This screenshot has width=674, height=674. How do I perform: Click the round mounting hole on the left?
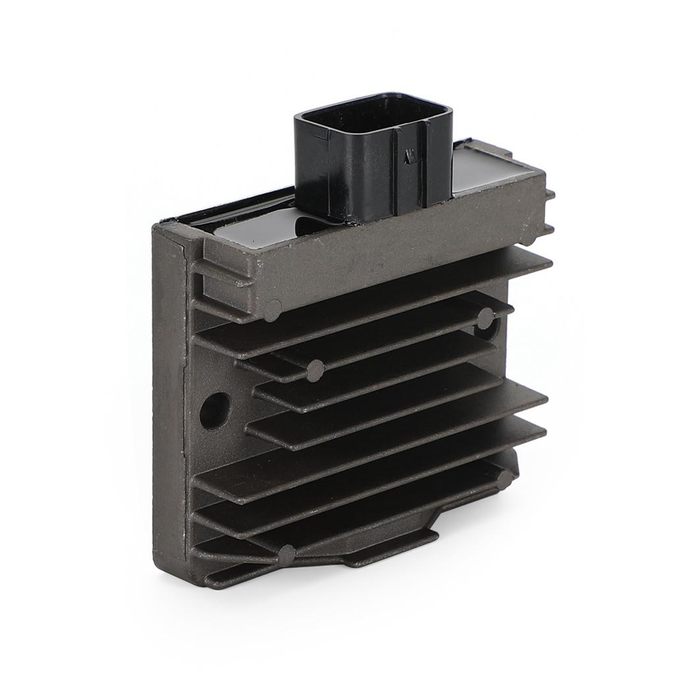pos(215,410)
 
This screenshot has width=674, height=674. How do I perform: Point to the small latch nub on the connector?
pos(410,157)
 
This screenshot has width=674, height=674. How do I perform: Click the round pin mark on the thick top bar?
pos(273,309)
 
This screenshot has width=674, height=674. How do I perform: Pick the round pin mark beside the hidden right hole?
pos(485,318)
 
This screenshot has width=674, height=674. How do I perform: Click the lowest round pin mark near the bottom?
pos(286,555)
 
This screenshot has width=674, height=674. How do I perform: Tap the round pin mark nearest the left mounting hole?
pos(315,371)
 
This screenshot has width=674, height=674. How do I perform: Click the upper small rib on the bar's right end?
pos(549,195)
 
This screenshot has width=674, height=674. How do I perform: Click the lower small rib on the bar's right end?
pos(549,228)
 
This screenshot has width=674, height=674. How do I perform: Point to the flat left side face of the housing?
pos(172,408)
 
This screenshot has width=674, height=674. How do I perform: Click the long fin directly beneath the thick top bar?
pos(369,309)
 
